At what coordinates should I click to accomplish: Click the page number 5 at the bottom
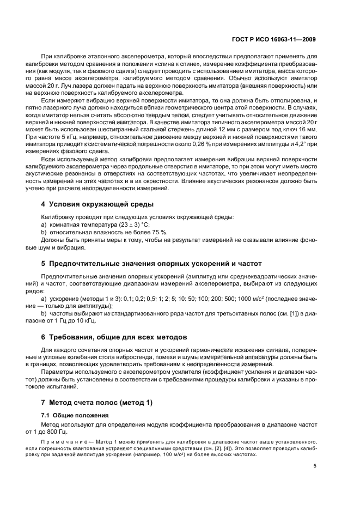coord(314,466)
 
